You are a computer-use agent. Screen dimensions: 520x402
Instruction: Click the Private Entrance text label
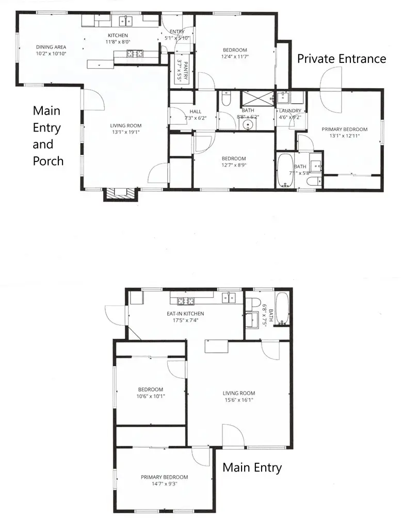click(341, 59)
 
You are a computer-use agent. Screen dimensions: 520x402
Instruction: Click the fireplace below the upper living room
click(121, 194)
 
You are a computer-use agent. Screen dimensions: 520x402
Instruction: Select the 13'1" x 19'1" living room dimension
click(125, 132)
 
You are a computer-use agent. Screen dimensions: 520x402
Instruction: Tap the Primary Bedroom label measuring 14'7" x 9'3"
click(164, 477)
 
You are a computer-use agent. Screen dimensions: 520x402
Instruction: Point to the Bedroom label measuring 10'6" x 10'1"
click(150, 389)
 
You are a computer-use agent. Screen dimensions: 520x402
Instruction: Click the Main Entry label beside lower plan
click(252, 468)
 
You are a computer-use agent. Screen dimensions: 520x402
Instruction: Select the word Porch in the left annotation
click(48, 161)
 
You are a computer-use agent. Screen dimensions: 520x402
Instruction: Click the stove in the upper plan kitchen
click(135, 53)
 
